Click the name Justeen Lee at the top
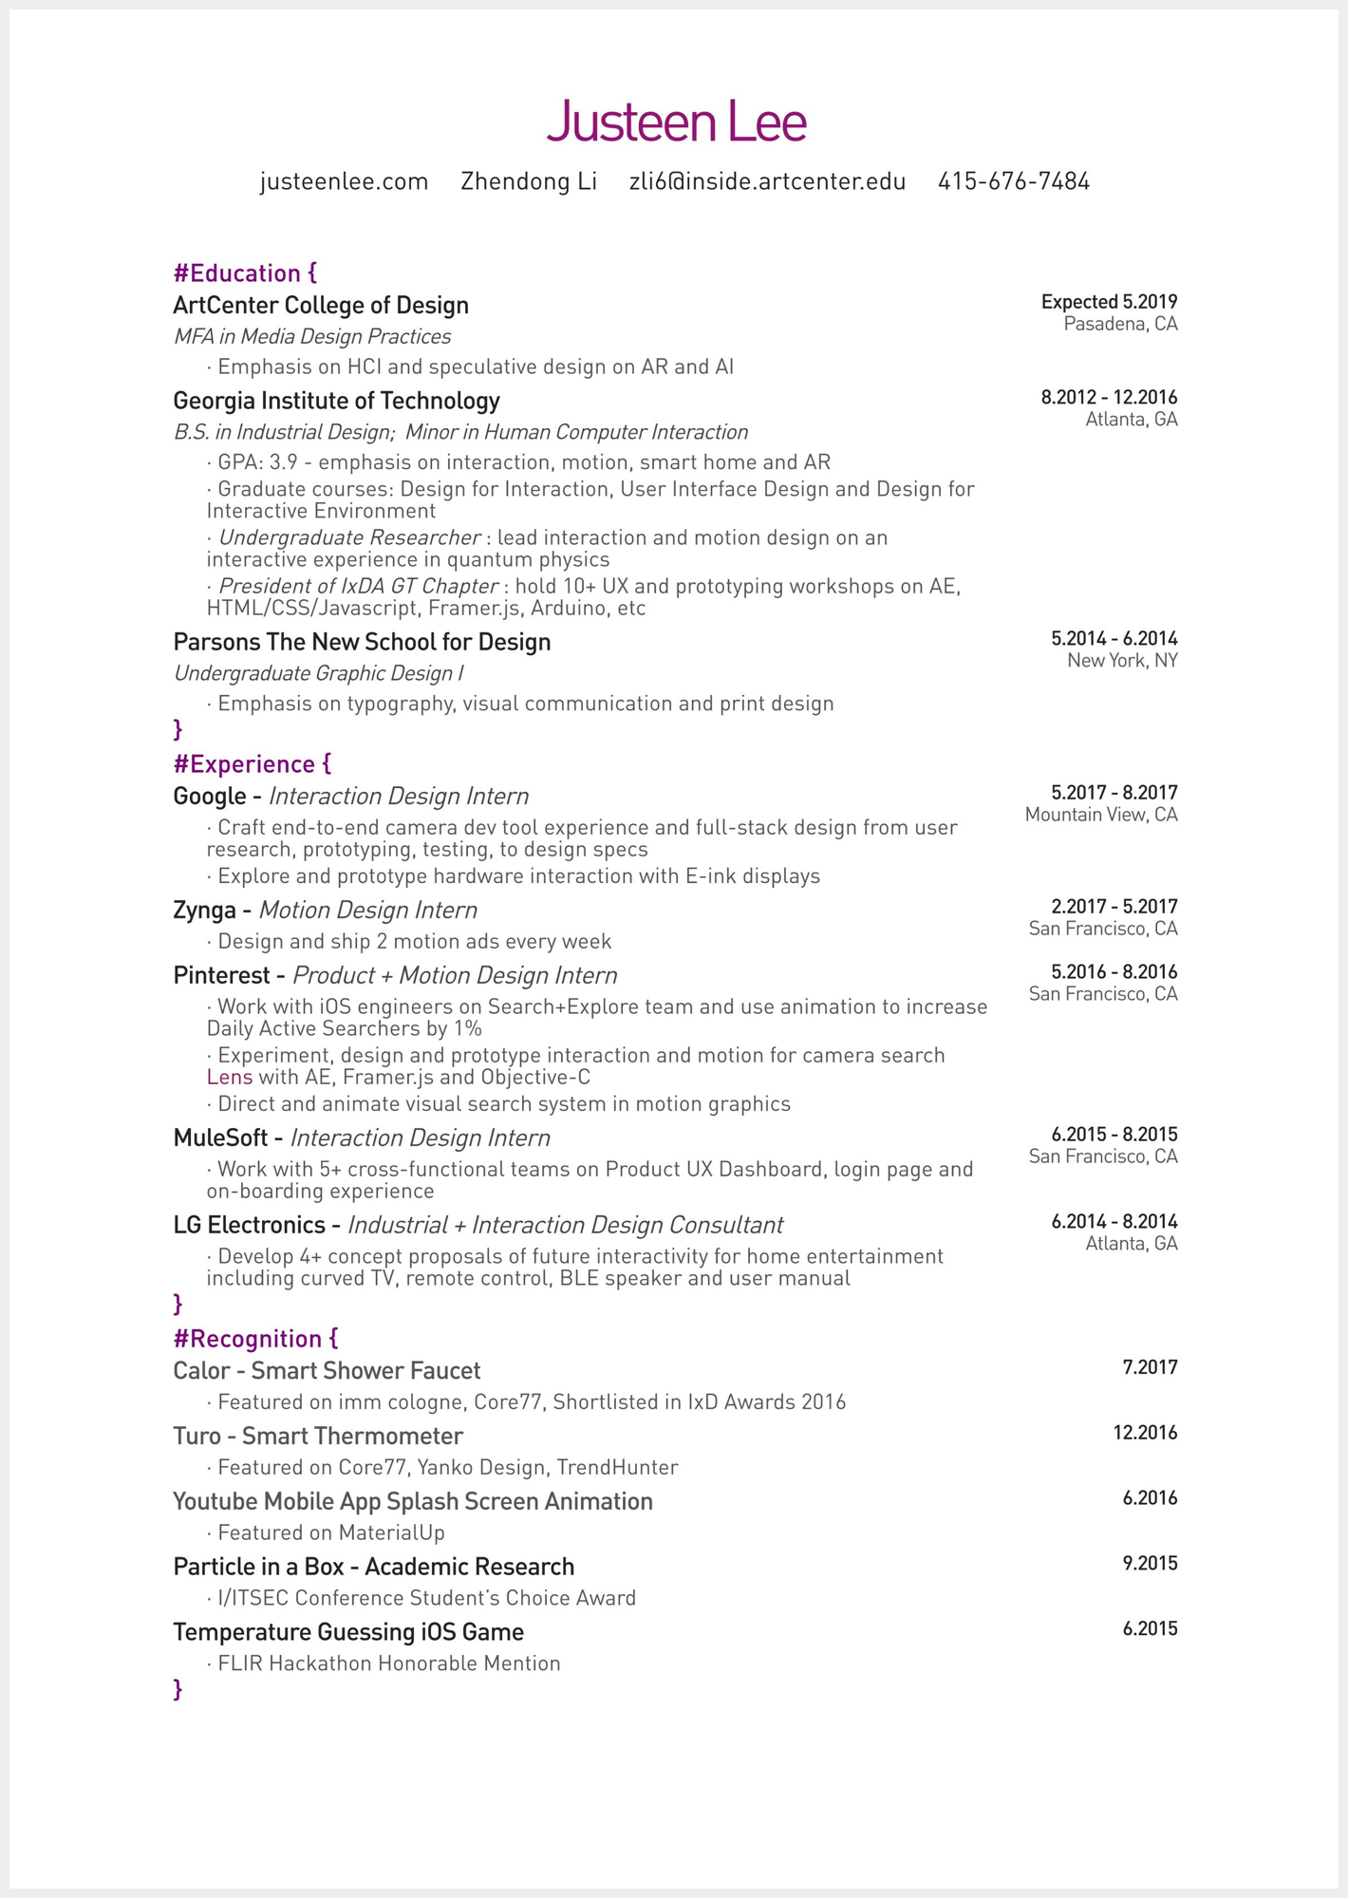pyautogui.click(x=676, y=122)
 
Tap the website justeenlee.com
pyautogui.click(x=344, y=181)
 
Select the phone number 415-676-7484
pyautogui.click(x=1013, y=181)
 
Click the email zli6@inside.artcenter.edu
pyautogui.click(x=767, y=181)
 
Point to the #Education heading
pyautogui.click(x=245, y=273)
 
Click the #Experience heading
pyautogui.click(x=252, y=764)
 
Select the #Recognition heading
pyautogui.click(x=255, y=1339)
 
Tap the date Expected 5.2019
pyautogui.click(x=1108, y=302)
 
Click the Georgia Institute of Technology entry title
pyautogui.click(x=336, y=401)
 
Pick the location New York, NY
pyautogui.click(x=1121, y=661)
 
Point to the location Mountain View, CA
pyautogui.click(x=1100, y=815)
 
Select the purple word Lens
pyautogui.click(x=230, y=1078)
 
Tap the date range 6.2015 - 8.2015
pyautogui.click(x=1114, y=1135)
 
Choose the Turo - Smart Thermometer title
pyautogui.click(x=318, y=1437)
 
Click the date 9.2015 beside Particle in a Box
pyautogui.click(x=1149, y=1564)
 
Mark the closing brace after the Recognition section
pyautogui.click(x=178, y=1689)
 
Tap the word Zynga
pyautogui.click(x=204, y=911)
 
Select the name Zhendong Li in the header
pyautogui.click(x=529, y=181)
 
